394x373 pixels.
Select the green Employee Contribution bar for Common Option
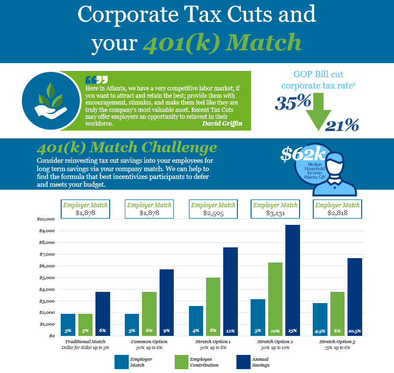[149, 313]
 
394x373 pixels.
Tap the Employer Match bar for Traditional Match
[68, 325]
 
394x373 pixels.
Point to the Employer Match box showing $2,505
[213, 209]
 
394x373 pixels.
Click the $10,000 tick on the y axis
[46, 219]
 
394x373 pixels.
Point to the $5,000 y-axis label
[47, 278]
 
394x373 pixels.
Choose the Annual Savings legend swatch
[244, 362]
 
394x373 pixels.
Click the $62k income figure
[303, 154]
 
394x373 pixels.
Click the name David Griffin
[222, 124]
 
